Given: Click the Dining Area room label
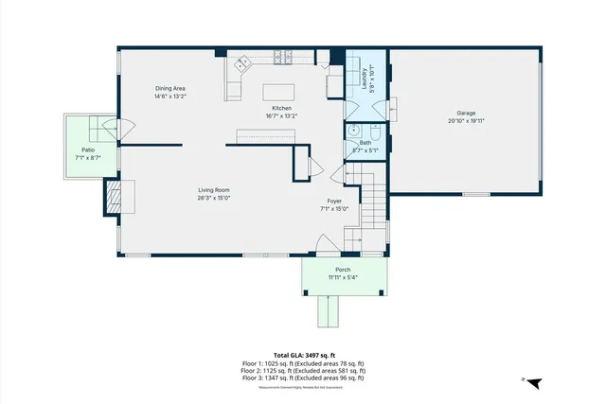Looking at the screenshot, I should (x=170, y=88).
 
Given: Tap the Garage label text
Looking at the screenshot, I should (x=466, y=114).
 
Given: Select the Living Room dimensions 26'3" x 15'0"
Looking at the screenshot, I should (x=214, y=198).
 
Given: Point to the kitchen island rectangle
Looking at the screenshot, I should (x=281, y=91).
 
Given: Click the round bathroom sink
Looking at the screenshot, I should (x=352, y=132).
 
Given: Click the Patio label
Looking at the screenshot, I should (x=88, y=149).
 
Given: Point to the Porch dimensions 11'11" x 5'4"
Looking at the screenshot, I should (x=342, y=277).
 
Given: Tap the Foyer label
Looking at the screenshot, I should (x=334, y=201).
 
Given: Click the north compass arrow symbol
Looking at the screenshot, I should (x=534, y=381).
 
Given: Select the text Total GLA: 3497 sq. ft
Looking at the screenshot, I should (x=303, y=354).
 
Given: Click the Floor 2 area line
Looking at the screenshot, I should (x=303, y=370).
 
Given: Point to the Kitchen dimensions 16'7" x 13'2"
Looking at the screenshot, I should (x=281, y=116).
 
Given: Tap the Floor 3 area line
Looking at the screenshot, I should (x=303, y=378).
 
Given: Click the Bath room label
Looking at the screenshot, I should (x=365, y=143).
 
